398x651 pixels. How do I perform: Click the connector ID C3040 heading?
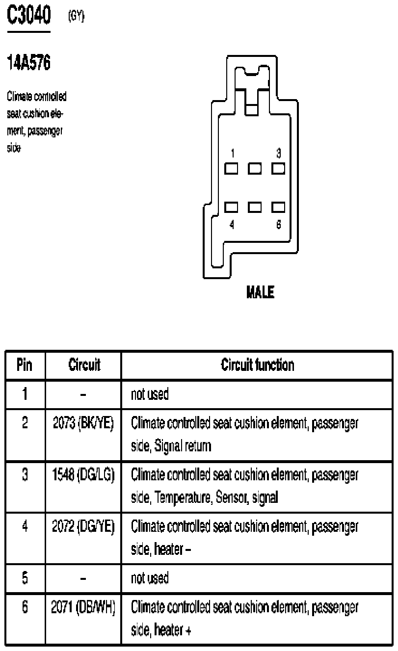click(x=28, y=16)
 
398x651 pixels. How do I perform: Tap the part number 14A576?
click(x=28, y=63)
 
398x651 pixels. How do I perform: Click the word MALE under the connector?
click(x=260, y=293)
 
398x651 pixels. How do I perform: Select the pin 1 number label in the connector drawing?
click(x=233, y=154)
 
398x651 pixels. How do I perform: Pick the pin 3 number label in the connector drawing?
click(x=278, y=154)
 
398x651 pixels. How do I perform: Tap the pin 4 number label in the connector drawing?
click(x=232, y=224)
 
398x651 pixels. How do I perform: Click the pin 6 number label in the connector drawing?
click(x=278, y=224)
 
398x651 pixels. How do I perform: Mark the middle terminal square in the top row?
click(x=255, y=169)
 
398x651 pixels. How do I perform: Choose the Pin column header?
click(x=25, y=365)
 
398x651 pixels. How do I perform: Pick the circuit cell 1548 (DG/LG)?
click(x=83, y=475)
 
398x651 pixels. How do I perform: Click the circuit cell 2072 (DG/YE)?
click(x=83, y=527)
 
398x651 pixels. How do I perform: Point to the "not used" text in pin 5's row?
click(x=150, y=578)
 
